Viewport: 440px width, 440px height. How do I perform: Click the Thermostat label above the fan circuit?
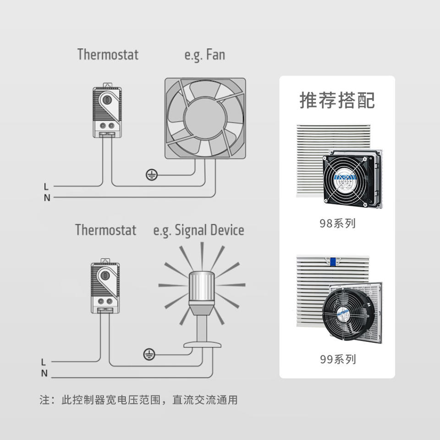click(x=108, y=55)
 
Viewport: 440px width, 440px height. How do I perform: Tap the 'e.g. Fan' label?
click(x=204, y=55)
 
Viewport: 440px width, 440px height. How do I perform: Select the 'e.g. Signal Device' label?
click(x=198, y=230)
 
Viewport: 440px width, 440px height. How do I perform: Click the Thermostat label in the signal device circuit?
click(x=106, y=230)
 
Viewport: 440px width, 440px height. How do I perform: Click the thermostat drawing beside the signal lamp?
click(x=105, y=286)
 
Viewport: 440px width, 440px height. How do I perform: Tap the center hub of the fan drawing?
click(x=205, y=118)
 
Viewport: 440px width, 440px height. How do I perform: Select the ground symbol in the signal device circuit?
click(x=149, y=354)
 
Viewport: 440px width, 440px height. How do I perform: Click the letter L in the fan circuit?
click(x=46, y=187)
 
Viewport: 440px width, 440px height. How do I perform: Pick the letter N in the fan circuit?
click(x=47, y=198)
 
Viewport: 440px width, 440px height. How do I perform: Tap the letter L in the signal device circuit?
click(x=44, y=362)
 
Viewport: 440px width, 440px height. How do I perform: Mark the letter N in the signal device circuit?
click(x=44, y=374)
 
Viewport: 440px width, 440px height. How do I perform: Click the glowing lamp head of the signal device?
click(x=202, y=288)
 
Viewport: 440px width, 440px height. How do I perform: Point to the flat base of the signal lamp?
click(x=202, y=344)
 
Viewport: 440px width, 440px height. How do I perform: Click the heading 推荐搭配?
click(x=337, y=100)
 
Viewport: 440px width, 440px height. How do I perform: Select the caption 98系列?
click(x=337, y=224)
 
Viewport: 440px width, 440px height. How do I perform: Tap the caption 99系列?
click(x=337, y=359)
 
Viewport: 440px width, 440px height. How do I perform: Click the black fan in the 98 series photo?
click(x=347, y=179)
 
